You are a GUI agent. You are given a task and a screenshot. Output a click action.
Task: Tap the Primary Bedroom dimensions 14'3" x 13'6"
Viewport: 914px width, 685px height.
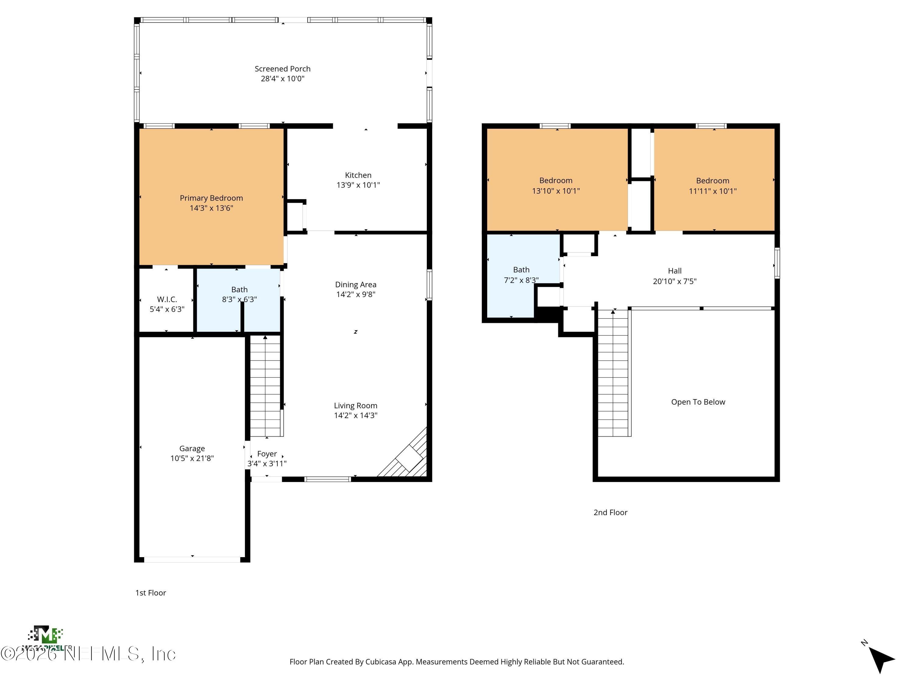[x=211, y=208]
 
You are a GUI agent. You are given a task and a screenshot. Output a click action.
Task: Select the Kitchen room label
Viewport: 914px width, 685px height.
[x=358, y=175]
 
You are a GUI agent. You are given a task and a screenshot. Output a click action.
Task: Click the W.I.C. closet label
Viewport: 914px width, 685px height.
[x=167, y=299]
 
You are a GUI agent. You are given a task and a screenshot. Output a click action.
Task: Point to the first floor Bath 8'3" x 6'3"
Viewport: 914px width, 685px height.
[x=239, y=294]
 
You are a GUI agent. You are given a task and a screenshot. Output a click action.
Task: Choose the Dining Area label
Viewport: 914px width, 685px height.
[x=355, y=284]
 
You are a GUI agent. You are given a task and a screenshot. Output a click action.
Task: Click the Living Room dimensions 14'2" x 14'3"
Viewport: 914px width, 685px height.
[x=355, y=415]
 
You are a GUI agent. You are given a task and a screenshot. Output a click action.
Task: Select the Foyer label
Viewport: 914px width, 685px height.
[x=267, y=454]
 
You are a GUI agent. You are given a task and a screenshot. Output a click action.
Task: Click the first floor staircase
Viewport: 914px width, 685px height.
[x=266, y=386]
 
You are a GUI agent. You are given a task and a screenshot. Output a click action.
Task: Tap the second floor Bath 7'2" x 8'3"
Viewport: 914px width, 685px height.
[x=521, y=275]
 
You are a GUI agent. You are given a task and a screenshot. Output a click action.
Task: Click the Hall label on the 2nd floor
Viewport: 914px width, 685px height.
[x=674, y=271]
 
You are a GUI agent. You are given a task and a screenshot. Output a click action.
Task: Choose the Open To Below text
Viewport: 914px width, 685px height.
[x=698, y=402]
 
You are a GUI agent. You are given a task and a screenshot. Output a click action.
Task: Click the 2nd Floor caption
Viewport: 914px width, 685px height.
[x=610, y=512]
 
